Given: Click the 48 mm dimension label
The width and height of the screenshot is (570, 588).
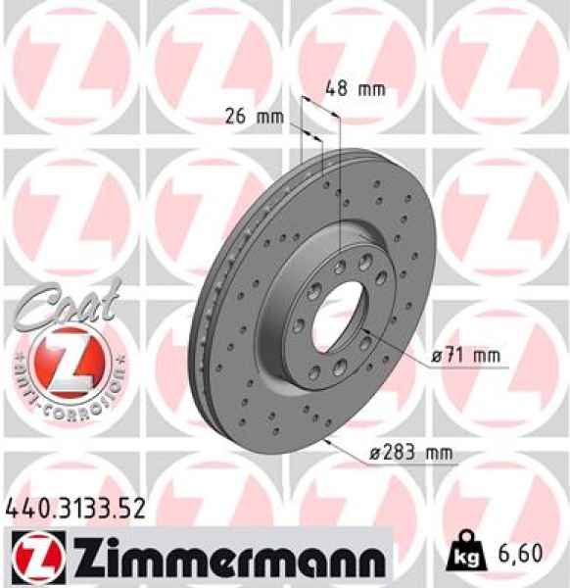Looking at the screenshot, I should pyautogui.click(x=355, y=89).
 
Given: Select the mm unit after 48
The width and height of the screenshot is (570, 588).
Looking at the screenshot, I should pyautogui.click(x=370, y=89).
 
